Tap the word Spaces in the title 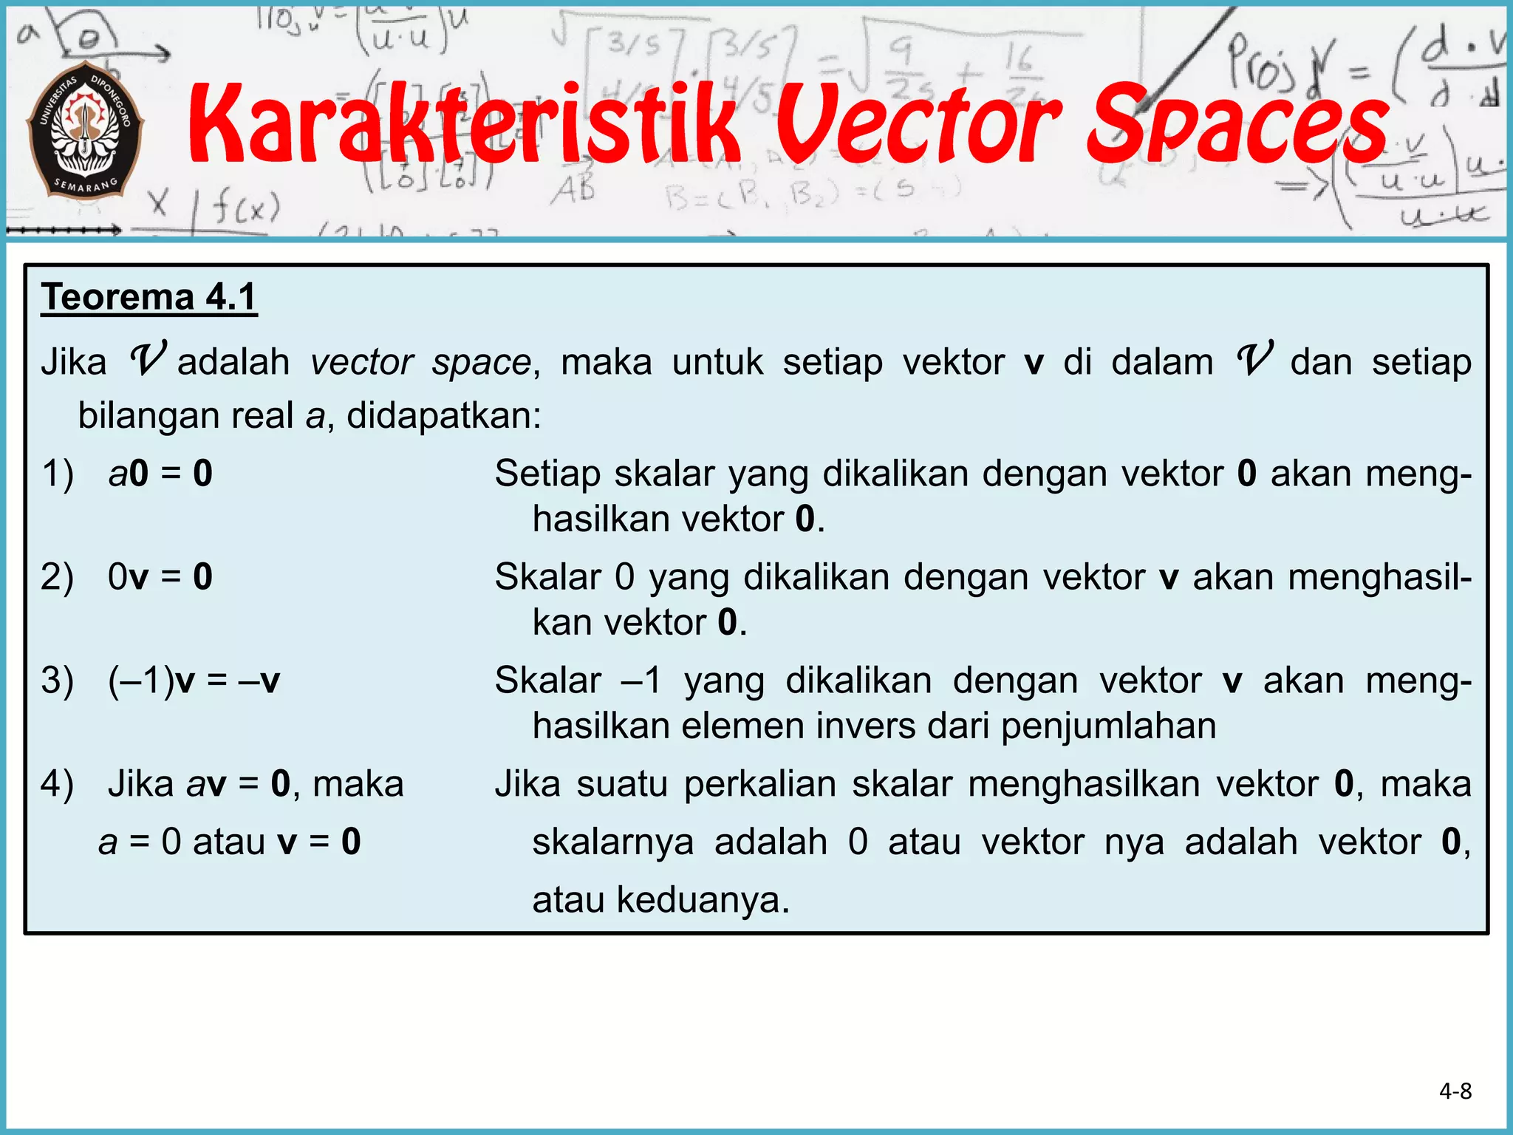1237,124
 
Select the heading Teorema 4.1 148,297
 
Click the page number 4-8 1455,1091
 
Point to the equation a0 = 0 160,473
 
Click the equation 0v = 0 160,576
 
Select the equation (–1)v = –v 194,680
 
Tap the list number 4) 58,783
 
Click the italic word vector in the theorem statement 362,363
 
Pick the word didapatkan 443,416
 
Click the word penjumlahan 1108,726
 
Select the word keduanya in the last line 702,900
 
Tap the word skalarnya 612,842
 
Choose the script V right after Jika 148,360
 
